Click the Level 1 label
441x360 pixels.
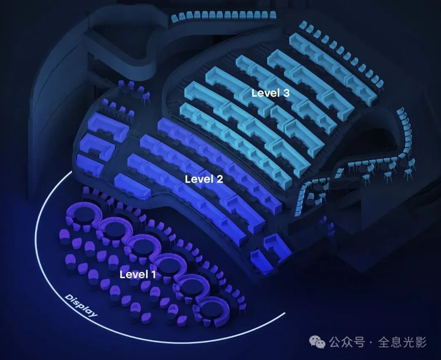point(138,274)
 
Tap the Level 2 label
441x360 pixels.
point(204,179)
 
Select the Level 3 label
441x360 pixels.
point(270,93)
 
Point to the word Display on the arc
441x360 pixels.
point(81,305)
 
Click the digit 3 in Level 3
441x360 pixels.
point(286,93)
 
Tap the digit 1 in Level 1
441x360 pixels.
point(153,274)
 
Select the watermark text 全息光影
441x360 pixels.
point(402,342)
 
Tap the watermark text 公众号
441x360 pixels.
point(347,342)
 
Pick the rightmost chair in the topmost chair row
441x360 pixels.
point(272,15)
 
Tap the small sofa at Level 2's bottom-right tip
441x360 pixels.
point(261,260)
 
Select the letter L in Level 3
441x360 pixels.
point(254,93)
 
